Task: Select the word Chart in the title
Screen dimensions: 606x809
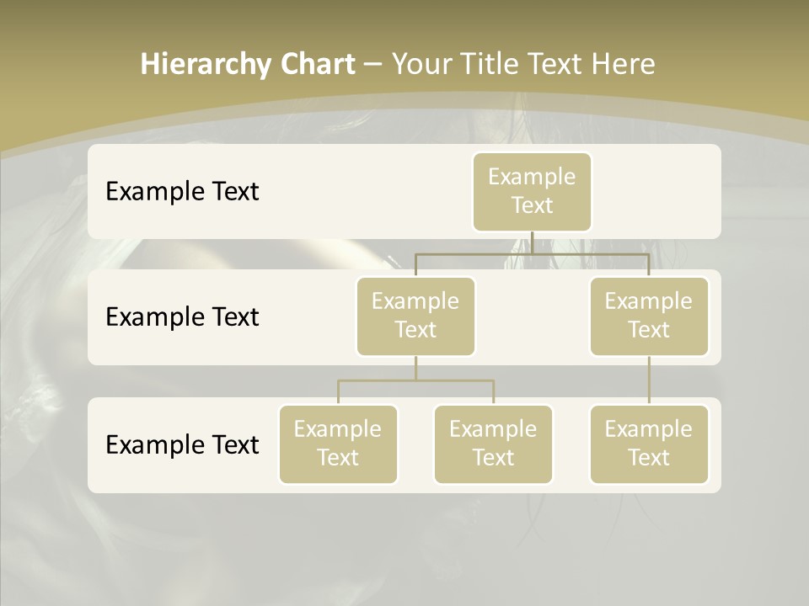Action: pos(318,65)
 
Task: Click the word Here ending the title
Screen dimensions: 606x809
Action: pos(624,65)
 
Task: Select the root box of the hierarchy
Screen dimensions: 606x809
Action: pos(532,191)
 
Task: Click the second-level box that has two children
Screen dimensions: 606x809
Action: pos(415,316)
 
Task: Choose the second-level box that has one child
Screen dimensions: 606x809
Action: pos(649,316)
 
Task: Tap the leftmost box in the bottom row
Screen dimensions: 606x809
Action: pos(338,444)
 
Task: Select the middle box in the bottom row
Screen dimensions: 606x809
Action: pos(493,444)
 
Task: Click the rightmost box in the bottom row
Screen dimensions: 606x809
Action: pos(649,444)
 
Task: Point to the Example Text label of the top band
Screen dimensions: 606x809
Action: pos(182,192)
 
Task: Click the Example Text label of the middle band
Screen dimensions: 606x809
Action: pos(182,317)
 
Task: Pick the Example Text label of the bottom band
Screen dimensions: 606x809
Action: pos(182,444)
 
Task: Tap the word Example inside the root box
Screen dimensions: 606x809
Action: pos(532,177)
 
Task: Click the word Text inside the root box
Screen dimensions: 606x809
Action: pos(532,205)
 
